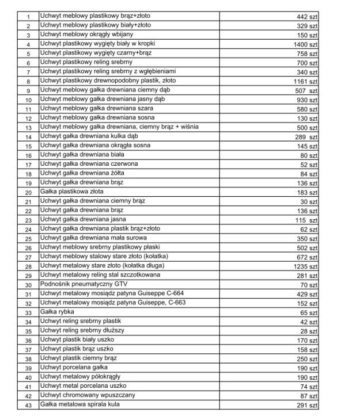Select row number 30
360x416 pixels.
(28, 284)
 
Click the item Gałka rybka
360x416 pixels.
(57, 312)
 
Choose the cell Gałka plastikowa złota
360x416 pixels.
(73, 192)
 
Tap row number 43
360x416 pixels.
(28, 404)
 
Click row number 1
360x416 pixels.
(28, 16)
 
